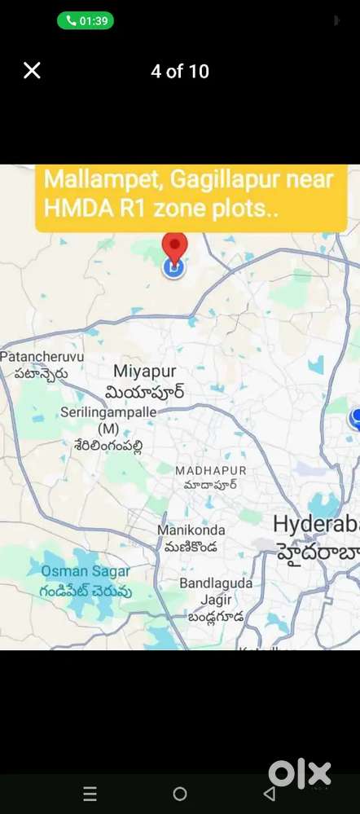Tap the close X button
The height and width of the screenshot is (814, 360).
(x=32, y=71)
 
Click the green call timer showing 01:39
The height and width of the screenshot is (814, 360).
(x=86, y=20)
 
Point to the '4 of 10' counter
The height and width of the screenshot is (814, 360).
(x=180, y=72)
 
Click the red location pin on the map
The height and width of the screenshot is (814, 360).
(x=174, y=248)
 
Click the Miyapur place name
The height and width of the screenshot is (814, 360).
(x=144, y=371)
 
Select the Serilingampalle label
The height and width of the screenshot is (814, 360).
(x=108, y=412)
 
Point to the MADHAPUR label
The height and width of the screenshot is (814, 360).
(x=210, y=471)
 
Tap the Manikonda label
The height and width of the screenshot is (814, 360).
(x=191, y=530)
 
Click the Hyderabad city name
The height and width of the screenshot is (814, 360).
(x=316, y=523)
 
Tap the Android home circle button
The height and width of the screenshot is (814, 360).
(x=180, y=794)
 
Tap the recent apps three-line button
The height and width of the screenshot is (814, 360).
(x=90, y=794)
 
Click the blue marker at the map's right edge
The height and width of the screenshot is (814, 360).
(x=356, y=418)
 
